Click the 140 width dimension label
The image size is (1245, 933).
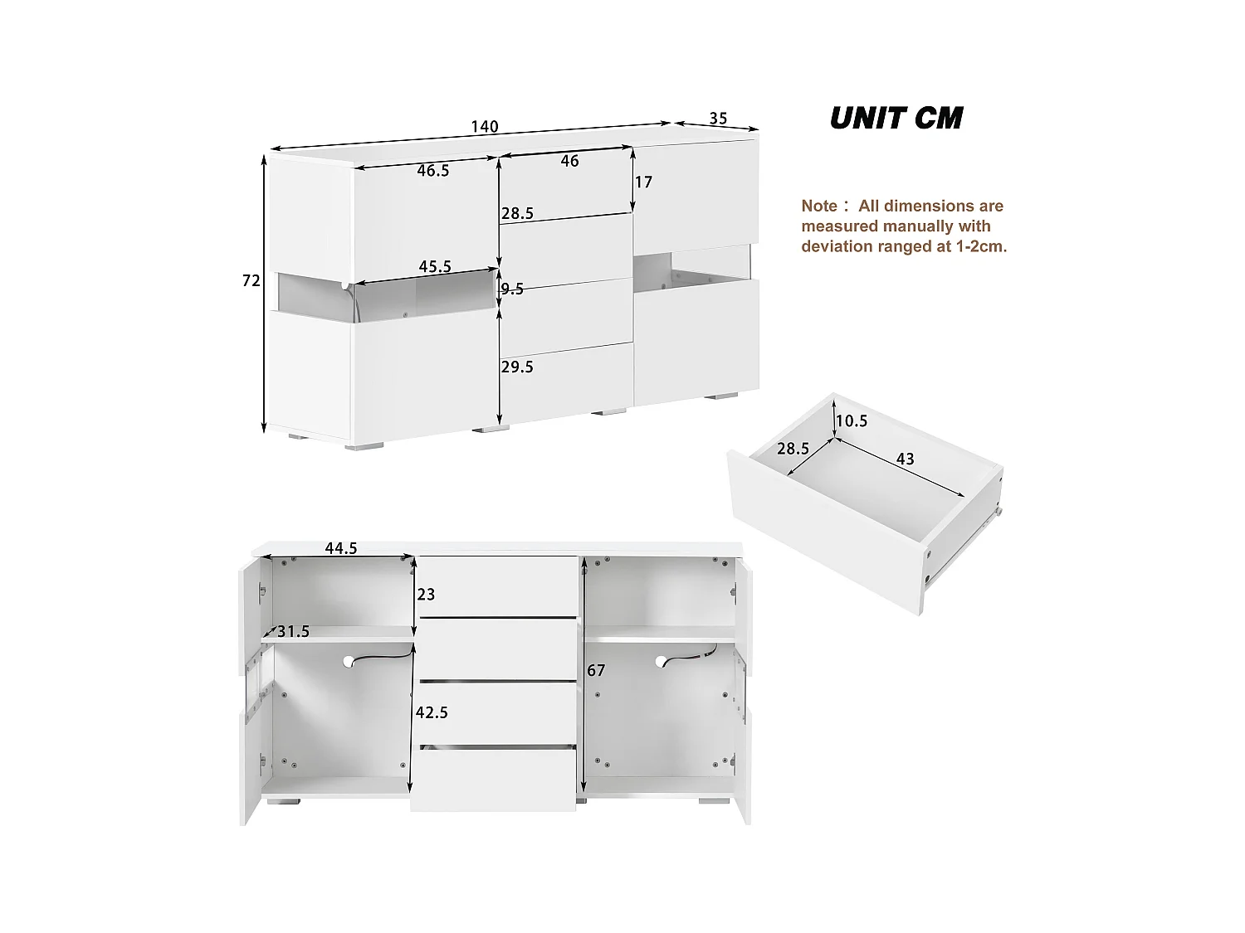tap(485, 127)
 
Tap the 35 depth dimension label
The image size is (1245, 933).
tap(718, 119)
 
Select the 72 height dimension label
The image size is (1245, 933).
tap(251, 281)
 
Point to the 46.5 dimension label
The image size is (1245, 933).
tap(433, 171)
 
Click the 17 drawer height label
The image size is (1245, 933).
tap(643, 182)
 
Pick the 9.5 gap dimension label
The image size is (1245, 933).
tap(513, 289)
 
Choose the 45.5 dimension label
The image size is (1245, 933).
tap(435, 266)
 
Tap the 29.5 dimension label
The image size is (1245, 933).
tap(517, 367)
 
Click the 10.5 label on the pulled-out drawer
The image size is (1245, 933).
tap(852, 421)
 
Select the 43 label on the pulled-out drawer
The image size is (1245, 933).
tap(905, 458)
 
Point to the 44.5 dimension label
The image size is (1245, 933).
tap(341, 547)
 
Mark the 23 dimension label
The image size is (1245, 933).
tap(426, 595)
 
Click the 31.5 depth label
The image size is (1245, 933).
tap(293, 632)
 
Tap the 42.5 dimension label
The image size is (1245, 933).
tap(432, 712)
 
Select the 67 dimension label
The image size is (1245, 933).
tap(596, 670)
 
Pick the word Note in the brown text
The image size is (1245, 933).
tap(819, 206)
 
